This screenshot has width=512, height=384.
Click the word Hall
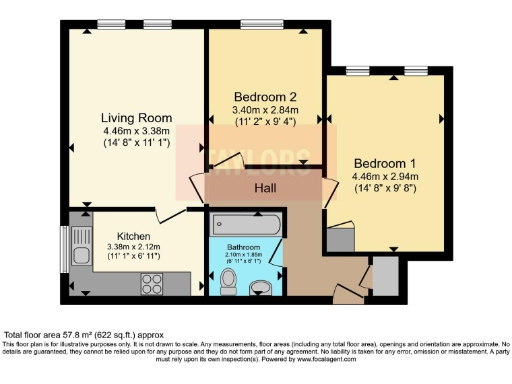click(x=264, y=187)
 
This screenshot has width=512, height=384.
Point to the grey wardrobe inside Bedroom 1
click(x=337, y=240)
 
